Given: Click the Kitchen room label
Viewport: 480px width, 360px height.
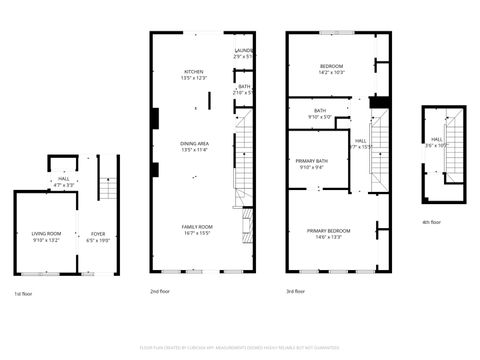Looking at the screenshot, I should (x=194, y=71).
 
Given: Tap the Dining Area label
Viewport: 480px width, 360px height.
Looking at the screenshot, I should (x=194, y=145).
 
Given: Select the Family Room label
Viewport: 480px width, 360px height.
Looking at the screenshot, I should (x=196, y=227).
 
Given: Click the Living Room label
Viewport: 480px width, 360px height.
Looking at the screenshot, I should (x=46, y=235).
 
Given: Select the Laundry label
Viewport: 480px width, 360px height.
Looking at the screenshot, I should (x=244, y=50).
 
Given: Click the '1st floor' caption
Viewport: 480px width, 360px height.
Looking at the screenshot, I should (x=26, y=293).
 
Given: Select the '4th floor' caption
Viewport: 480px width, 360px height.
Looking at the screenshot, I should (x=429, y=222).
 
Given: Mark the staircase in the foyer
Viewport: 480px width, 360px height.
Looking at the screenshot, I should (x=108, y=187).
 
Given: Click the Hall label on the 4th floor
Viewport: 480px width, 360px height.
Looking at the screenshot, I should (x=436, y=140).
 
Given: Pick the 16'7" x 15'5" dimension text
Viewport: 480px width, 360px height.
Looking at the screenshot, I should (x=196, y=233).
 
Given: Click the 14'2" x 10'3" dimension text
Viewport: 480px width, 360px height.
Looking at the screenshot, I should (x=331, y=72).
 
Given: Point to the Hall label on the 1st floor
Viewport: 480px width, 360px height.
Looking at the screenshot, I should (x=62, y=179).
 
